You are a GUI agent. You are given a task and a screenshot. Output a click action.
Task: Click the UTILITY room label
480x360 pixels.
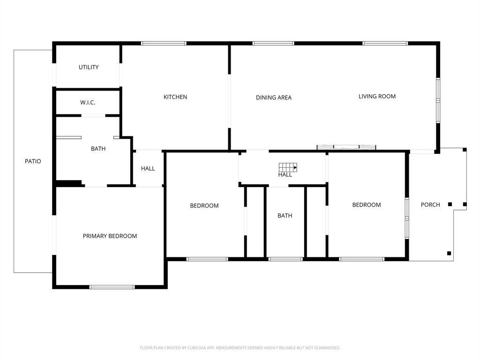[89, 67]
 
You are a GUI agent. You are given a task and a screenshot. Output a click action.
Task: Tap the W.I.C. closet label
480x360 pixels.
[88, 102]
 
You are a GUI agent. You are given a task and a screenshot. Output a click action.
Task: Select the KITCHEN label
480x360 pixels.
[175, 97]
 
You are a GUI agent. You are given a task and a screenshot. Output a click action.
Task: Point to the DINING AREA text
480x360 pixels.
[274, 97]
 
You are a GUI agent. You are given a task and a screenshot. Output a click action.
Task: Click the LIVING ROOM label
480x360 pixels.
[377, 97]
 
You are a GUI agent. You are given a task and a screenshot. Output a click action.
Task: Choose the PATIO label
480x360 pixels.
[33, 161]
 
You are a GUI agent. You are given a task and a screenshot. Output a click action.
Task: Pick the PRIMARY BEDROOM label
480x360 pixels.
[110, 236]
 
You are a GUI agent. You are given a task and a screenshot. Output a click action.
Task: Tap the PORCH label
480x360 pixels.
[430, 205]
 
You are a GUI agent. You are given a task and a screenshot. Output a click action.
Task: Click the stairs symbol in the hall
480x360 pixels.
[288, 167]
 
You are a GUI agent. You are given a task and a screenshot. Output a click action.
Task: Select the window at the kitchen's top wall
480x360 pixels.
[164, 44]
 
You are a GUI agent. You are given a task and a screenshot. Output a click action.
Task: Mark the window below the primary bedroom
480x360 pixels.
[112, 286]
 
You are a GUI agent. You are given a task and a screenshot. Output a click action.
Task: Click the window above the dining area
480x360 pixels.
[273, 44]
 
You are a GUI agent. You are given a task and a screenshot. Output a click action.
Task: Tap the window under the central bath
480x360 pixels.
[285, 258]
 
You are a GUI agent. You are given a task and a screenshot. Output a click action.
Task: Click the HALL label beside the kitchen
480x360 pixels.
[148, 169]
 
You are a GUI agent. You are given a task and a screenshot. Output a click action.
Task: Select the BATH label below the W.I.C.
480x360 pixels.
[98, 149]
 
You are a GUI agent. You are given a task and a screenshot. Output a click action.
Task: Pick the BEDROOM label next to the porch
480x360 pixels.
[367, 205]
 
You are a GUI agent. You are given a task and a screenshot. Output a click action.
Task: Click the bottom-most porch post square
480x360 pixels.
[449, 253]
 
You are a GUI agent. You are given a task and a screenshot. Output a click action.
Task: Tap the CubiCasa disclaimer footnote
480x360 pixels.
[240, 348]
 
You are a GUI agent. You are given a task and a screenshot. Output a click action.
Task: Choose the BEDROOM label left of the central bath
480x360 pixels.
[204, 206]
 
